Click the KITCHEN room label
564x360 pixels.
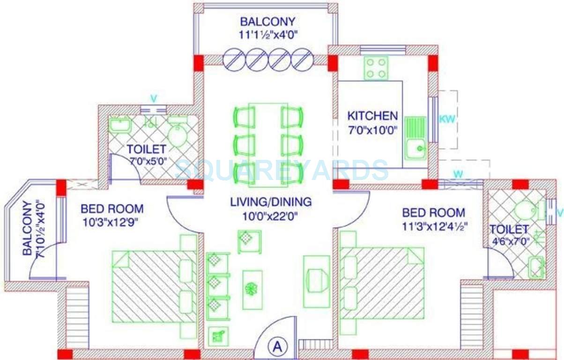click(x=372, y=116)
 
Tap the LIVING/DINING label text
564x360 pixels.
click(x=271, y=202)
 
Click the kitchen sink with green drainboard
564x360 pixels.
click(x=416, y=139)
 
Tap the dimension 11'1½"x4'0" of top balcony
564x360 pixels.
click(x=267, y=34)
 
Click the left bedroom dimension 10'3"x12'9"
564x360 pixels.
click(x=112, y=222)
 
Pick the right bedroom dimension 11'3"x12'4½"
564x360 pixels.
click(x=434, y=226)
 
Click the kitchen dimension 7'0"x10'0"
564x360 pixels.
click(x=372, y=129)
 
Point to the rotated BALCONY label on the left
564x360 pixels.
click(x=28, y=228)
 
